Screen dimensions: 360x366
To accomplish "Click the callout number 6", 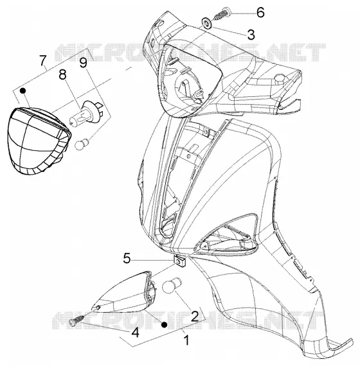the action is tap(260, 12).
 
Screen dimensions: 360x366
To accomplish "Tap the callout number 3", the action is tap(251, 35).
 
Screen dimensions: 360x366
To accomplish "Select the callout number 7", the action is tap(42, 60).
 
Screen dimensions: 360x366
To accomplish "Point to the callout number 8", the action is tap(62, 74).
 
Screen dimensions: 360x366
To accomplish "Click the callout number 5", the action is tap(127, 258).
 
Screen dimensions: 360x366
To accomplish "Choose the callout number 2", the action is tap(195, 316).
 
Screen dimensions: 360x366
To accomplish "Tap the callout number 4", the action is tap(135, 333).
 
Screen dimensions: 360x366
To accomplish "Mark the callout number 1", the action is tap(186, 340).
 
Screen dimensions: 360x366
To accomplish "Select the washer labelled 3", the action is tap(206, 24).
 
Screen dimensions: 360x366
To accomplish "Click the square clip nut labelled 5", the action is tap(179, 260).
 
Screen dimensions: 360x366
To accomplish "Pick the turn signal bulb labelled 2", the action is tap(172, 285).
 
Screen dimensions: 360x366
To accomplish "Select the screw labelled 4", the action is tap(78, 320).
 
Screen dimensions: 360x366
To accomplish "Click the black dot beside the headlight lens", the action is tap(22, 91).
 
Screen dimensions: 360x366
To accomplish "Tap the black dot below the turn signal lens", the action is tap(165, 324).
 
